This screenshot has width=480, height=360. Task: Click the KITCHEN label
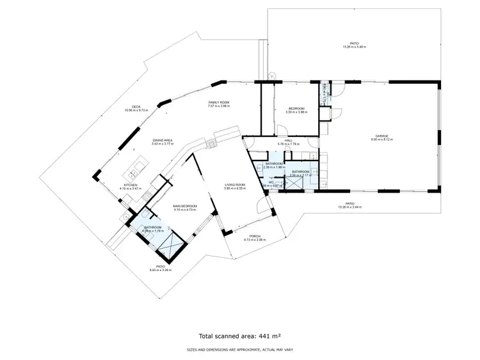(131, 186)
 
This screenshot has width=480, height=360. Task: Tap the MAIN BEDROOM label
(185, 207)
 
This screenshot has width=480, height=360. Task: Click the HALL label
(289, 142)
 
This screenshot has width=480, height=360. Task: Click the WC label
(271, 182)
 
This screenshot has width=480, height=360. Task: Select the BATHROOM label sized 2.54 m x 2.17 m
(300, 173)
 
